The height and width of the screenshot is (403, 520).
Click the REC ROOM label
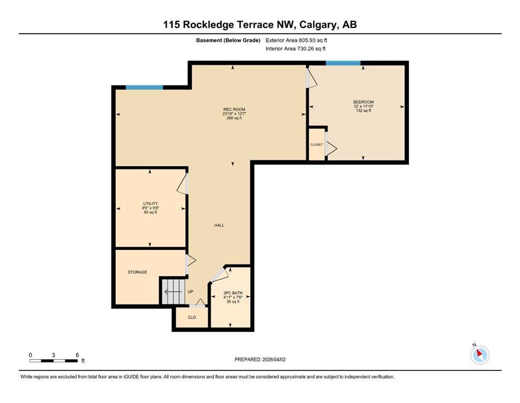[x=234, y=109]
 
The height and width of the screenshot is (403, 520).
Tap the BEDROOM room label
[x=363, y=102]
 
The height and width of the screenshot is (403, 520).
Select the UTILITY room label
[x=150, y=204]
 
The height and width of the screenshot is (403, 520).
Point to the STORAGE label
[x=137, y=272]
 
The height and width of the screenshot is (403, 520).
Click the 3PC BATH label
[x=233, y=293]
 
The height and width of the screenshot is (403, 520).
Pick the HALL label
[x=219, y=225]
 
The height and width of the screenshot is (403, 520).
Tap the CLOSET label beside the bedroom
[x=317, y=145]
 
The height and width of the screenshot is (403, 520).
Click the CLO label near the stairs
[x=192, y=317]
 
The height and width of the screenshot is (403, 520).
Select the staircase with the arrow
[x=173, y=292]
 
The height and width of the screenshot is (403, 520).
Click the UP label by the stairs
[x=191, y=292]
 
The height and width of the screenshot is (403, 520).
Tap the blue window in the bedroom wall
[x=343, y=63]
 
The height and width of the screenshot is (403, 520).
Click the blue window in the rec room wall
[x=144, y=88]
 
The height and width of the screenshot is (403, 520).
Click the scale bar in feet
[x=53, y=360]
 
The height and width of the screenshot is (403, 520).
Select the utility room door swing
[x=183, y=183]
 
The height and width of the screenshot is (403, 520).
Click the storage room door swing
[x=191, y=260]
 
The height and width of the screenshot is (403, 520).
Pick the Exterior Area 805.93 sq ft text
[x=296, y=40]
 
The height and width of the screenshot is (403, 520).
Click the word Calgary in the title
[x=318, y=25]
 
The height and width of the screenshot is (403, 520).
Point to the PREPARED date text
[x=260, y=359]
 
